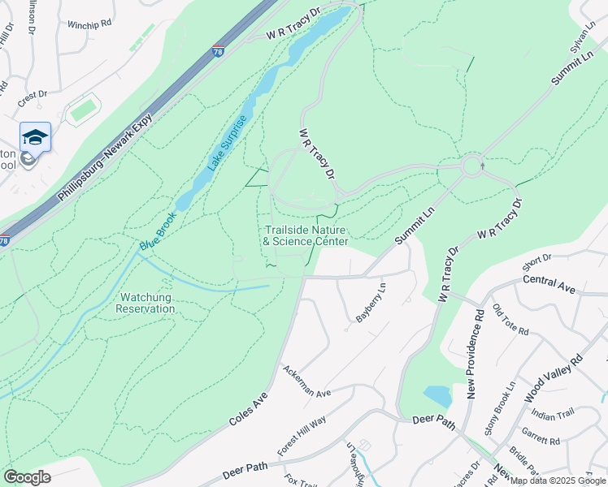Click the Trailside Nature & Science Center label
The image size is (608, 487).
306,235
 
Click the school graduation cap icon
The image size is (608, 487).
35,136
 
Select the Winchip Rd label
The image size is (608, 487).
89,25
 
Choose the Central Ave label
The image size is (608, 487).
549,285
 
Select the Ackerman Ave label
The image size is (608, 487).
306,381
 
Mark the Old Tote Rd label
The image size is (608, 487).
510,321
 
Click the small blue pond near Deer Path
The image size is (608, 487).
437,395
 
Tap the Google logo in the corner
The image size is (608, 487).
27,477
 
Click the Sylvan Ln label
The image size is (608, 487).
583,49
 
